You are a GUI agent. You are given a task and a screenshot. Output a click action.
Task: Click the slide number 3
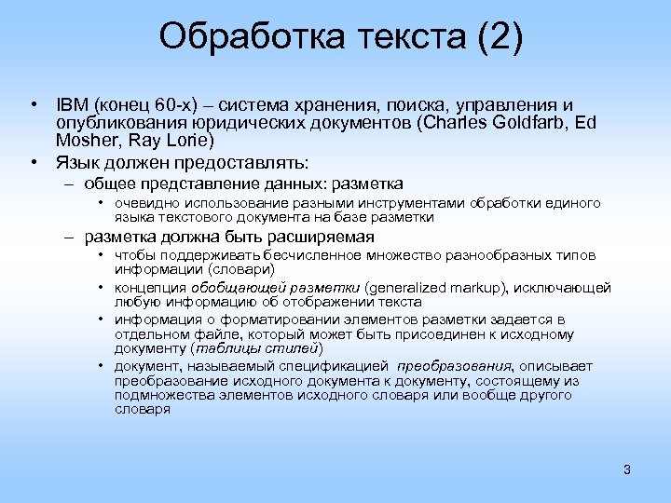coord(627,469)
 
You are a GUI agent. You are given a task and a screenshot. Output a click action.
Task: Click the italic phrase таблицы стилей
coord(256,348)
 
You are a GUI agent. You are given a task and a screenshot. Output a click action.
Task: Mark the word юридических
coord(245,123)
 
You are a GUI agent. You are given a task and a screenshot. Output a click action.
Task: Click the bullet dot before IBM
coord(34,104)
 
